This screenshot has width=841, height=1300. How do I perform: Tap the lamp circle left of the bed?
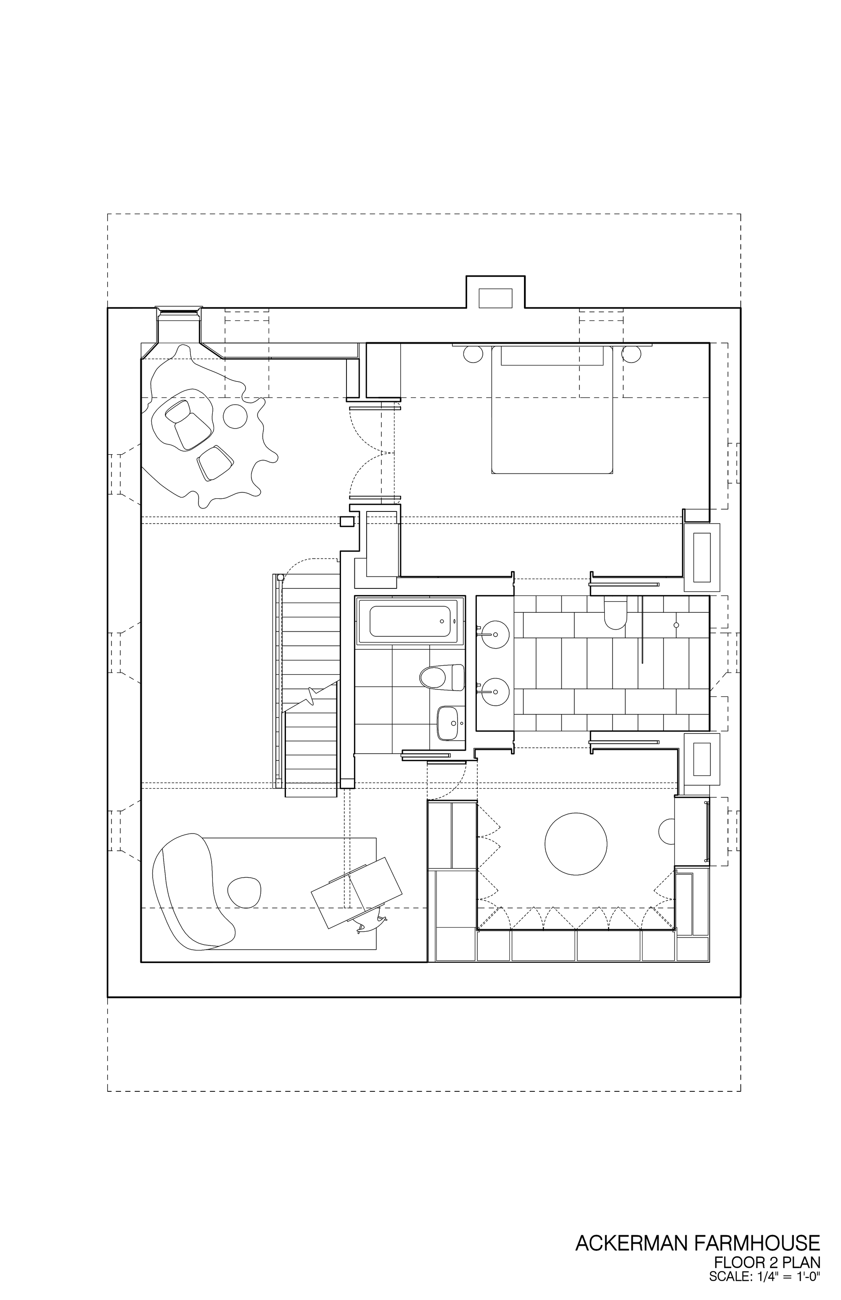[473, 353]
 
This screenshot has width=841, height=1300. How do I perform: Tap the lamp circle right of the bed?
[631, 353]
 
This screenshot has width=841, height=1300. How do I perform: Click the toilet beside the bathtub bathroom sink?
[439, 677]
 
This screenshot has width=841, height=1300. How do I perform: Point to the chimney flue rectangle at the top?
[495, 298]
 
